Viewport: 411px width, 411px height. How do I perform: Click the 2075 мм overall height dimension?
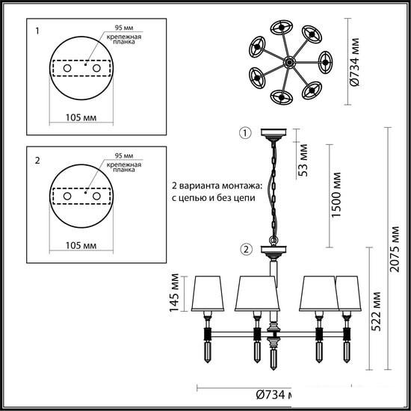click(x=395, y=250)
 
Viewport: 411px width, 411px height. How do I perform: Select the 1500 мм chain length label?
click(x=336, y=195)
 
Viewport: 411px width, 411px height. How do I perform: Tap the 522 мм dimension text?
click(x=375, y=312)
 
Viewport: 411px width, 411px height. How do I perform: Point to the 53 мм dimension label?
click(x=302, y=160)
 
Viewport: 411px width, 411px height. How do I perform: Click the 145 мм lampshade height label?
click(x=174, y=293)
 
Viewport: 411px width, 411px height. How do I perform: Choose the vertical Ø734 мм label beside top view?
click(x=355, y=62)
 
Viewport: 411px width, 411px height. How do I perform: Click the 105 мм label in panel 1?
click(x=81, y=117)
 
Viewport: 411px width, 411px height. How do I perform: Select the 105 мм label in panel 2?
click(x=81, y=246)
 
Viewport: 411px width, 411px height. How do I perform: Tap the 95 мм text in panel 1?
click(x=124, y=28)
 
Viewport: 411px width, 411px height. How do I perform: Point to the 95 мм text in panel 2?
click(x=124, y=155)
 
